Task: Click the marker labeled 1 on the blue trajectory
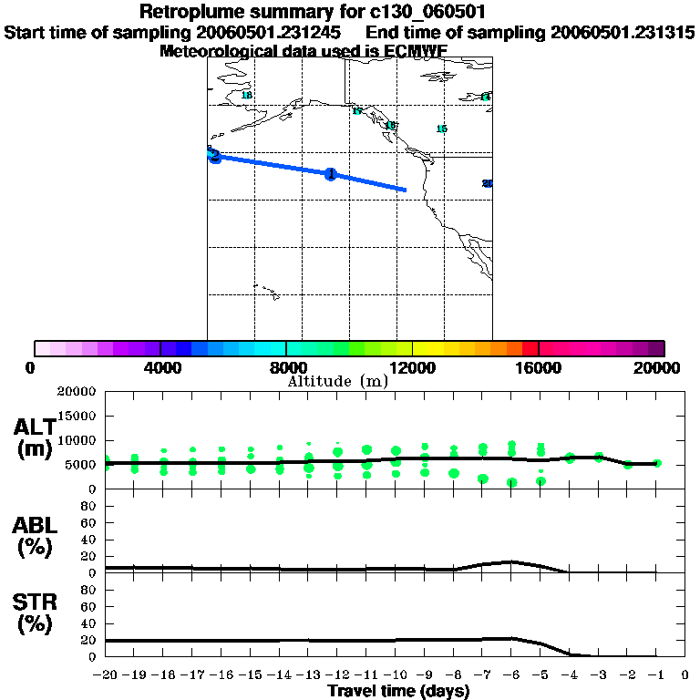pos(331,174)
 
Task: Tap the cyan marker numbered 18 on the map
pos(246,96)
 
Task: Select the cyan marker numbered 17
pos(357,111)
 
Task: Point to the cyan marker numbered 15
pos(441,129)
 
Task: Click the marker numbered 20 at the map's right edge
pos(488,184)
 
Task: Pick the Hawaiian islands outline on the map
pos(265,291)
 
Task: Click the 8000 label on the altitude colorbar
pos(287,367)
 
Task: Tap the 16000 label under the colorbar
pos(540,367)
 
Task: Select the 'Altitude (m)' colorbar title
pos(338,381)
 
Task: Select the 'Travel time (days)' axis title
pos(398,692)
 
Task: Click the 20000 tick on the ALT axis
pos(77,392)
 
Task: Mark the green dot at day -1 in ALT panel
pos(657,463)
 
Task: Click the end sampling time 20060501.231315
pos(623,32)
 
